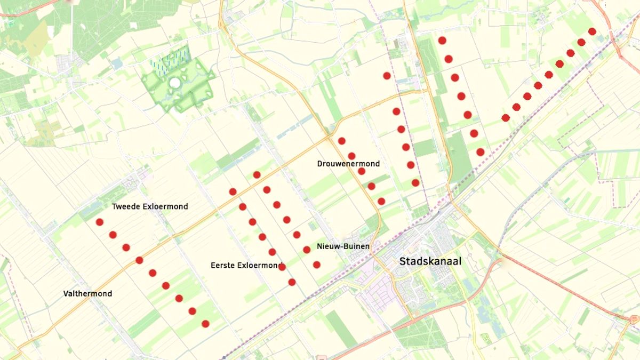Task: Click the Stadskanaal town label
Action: click(430, 261)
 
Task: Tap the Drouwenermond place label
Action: click(348, 164)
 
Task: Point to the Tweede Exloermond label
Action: click(150, 206)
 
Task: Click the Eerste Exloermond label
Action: click(246, 265)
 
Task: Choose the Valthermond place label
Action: click(87, 294)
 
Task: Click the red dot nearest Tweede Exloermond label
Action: click(99, 222)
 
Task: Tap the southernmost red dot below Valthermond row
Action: click(205, 324)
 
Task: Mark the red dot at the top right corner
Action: click(592, 31)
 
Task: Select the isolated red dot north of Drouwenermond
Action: click(387, 76)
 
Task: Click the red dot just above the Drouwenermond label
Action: click(351, 156)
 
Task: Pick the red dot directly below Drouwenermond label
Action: click(362, 171)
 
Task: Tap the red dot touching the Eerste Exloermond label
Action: click(282, 267)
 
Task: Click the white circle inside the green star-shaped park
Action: click(174, 83)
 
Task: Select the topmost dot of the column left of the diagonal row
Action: click(442, 40)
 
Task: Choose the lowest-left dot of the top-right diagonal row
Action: click(506, 118)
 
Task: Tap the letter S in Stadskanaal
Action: click(404, 261)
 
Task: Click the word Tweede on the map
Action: click(126, 206)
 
